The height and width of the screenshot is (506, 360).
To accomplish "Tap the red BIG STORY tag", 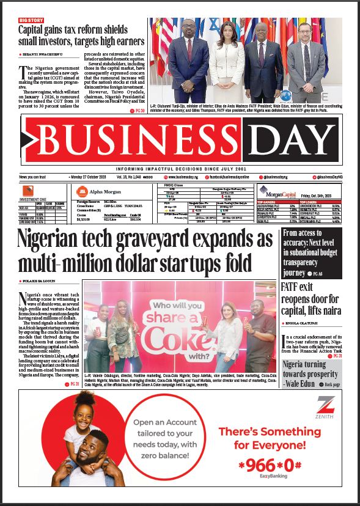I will (31, 21).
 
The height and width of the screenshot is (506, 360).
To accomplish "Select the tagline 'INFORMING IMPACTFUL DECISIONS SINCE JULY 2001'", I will (180, 169).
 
